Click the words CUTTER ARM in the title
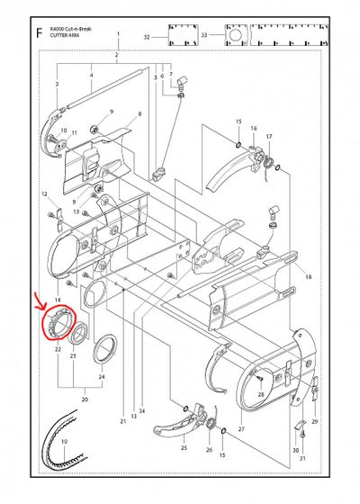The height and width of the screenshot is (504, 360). point(66,36)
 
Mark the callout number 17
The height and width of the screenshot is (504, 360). point(269,136)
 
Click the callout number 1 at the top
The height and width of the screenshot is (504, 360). point(118,31)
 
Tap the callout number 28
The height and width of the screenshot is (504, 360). point(260,394)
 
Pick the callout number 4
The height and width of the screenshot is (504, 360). point(90,76)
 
